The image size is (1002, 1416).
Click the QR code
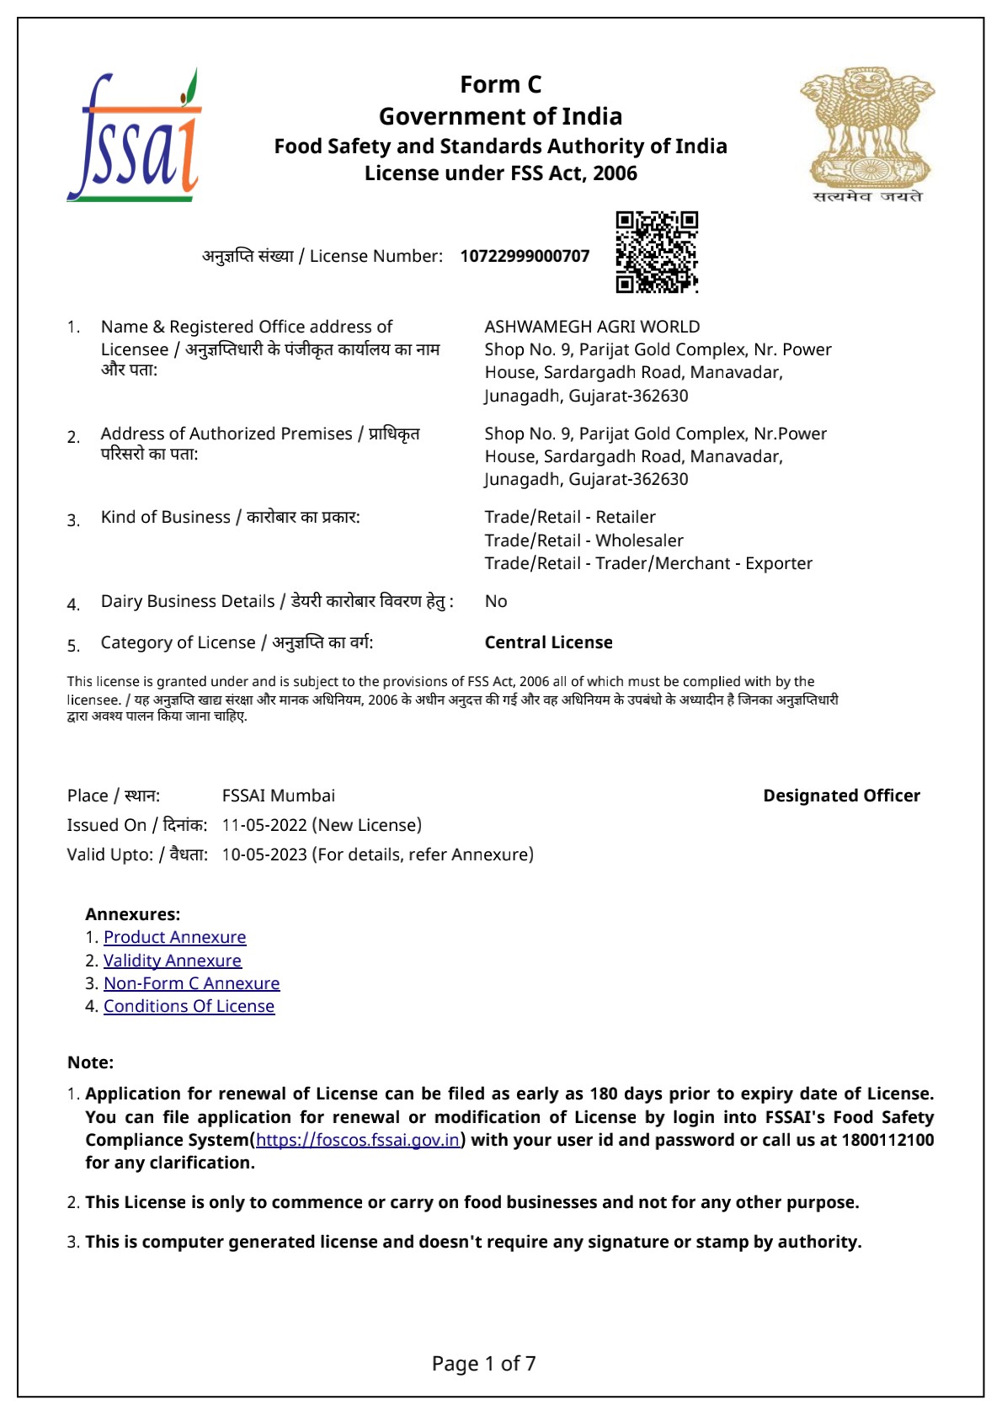click(657, 252)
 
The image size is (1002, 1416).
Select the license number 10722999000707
click(525, 256)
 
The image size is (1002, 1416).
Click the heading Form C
click(500, 84)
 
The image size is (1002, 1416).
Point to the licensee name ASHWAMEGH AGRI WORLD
click(592, 327)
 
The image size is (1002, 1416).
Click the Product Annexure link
click(174, 937)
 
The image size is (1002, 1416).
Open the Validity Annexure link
click(172, 961)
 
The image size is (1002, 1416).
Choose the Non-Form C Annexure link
click(191, 983)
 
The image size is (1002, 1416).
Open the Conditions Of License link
click(189, 1006)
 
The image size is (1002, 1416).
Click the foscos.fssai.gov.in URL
click(358, 1140)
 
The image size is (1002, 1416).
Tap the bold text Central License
click(548, 642)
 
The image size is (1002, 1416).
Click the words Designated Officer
click(841, 796)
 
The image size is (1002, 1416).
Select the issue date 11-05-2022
click(264, 825)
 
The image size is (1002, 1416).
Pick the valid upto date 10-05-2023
click(264, 854)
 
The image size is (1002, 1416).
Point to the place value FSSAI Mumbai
click(278, 796)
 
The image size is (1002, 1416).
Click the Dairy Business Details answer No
click(496, 601)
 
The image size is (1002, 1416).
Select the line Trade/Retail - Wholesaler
click(584, 540)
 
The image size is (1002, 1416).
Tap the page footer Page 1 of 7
click(483, 1364)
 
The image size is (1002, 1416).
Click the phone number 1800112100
click(887, 1140)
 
